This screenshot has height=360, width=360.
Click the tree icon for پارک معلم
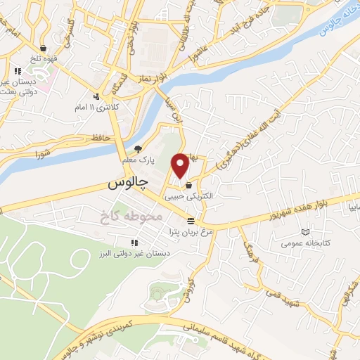(139, 148)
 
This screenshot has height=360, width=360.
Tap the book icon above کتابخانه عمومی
(304, 232)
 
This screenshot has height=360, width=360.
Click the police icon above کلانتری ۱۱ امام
(96, 96)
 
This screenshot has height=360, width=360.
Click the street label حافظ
(98, 139)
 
